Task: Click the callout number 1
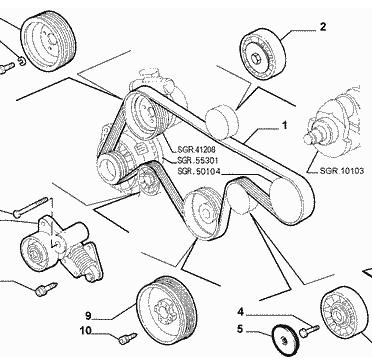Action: (x=284, y=125)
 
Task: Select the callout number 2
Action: (x=323, y=27)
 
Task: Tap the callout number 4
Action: (x=241, y=312)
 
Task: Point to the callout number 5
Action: (x=241, y=329)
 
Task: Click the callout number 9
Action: (x=88, y=315)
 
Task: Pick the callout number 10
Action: (x=85, y=331)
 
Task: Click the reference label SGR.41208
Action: (x=192, y=150)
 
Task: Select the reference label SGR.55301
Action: (x=192, y=161)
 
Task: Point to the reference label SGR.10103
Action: (x=342, y=171)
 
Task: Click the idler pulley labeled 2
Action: (x=263, y=54)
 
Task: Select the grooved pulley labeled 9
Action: (x=167, y=309)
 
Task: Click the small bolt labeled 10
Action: (x=128, y=338)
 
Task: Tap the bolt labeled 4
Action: (x=310, y=330)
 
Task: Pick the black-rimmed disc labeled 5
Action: (x=285, y=341)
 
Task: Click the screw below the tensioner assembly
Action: (x=46, y=289)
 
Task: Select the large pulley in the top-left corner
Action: (x=48, y=41)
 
